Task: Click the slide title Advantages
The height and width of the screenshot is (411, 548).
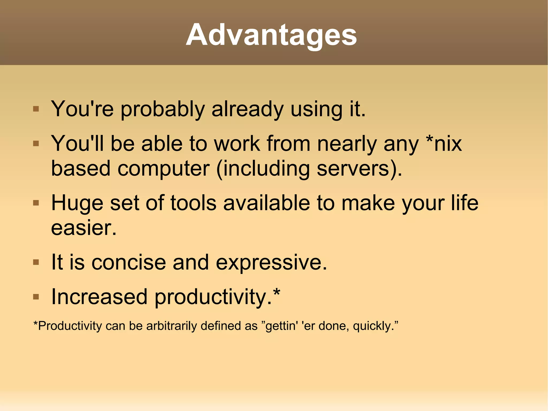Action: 271,35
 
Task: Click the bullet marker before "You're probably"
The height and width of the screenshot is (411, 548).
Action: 36,109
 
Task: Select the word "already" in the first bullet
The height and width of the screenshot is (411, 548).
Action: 247,110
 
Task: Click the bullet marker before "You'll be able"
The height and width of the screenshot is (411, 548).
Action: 36,144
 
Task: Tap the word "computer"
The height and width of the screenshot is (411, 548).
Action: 163,169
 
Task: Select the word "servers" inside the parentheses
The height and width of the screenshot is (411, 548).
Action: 352,169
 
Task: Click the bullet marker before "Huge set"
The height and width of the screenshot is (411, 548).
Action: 36,203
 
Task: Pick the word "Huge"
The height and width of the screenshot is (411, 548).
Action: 77,203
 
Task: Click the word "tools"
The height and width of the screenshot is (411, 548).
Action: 193,203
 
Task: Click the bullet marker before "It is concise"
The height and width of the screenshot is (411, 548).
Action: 36,262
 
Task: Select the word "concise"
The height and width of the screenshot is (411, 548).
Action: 129,262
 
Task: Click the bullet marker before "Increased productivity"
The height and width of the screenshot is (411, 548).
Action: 36,297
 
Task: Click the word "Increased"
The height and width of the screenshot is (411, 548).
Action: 99,297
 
